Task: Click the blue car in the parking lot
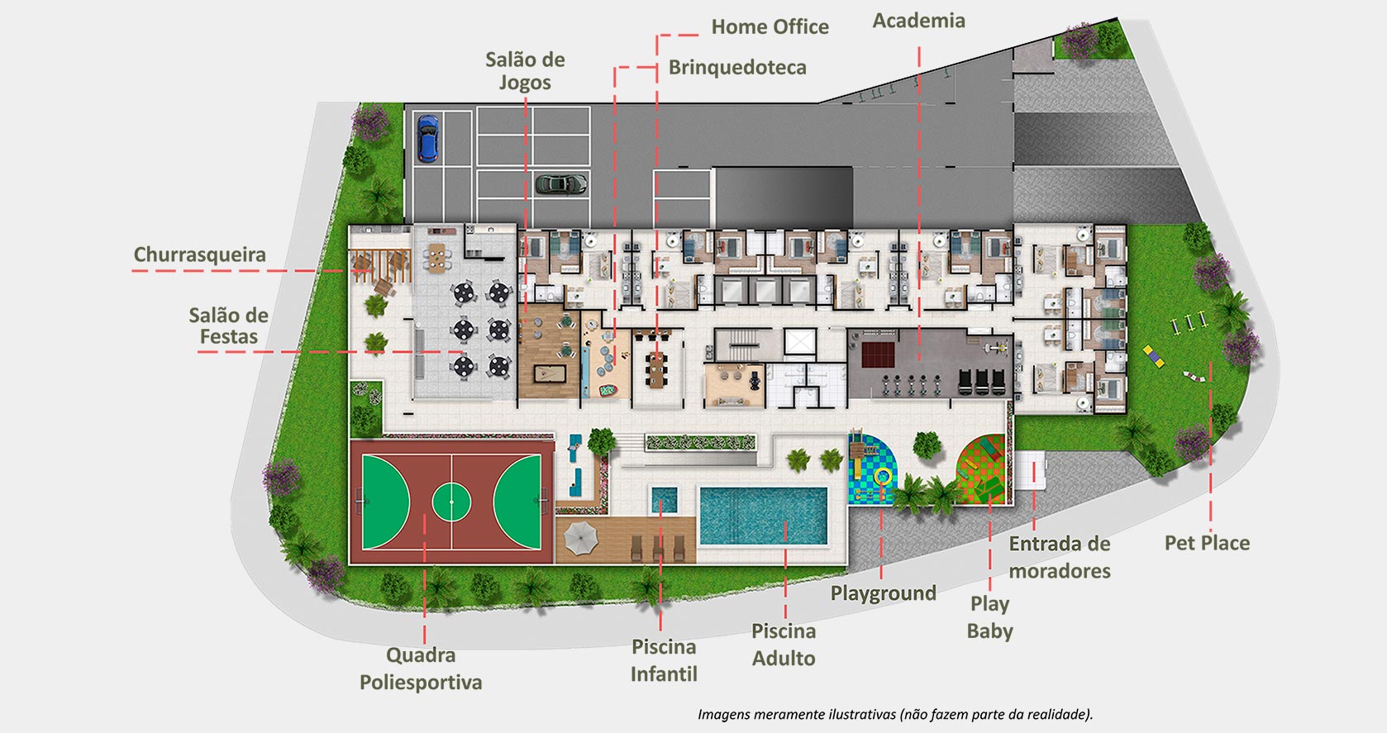point(427,138)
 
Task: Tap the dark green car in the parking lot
point(561,183)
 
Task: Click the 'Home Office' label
point(770,26)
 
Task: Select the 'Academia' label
point(919,21)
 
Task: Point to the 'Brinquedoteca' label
point(737,67)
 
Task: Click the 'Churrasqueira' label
point(199,254)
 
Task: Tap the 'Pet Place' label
point(1207,542)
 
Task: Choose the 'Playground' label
point(883,593)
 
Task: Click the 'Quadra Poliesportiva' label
point(421,668)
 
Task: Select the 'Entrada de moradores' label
point(1060,557)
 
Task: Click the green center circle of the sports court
point(451,502)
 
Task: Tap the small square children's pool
point(664,500)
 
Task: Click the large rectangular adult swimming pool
point(764,516)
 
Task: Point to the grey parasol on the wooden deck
point(580,538)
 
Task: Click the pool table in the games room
point(550,374)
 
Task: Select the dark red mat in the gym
point(878,355)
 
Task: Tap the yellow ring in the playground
point(883,477)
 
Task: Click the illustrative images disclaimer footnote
point(895,714)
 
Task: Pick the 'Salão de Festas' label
point(228,326)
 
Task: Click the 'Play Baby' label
point(989,617)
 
